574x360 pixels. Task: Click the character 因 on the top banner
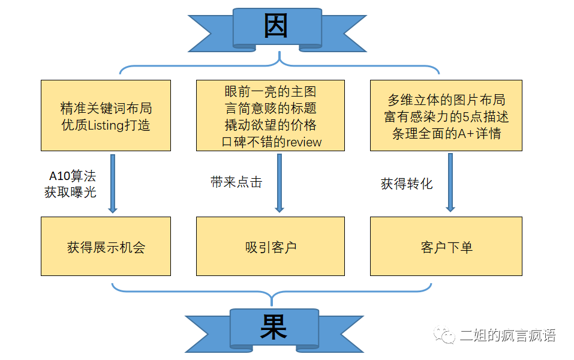pyautogui.click(x=277, y=26)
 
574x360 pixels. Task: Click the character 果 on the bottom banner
pyautogui.click(x=274, y=327)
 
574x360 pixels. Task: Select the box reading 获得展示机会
pyautogui.click(x=106, y=247)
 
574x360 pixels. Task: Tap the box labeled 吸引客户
pyautogui.click(x=271, y=247)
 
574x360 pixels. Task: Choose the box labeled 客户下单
pyautogui.click(x=446, y=247)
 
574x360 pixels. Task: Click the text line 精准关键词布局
pyautogui.click(x=106, y=109)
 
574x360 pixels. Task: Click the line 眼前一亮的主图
pyautogui.click(x=271, y=92)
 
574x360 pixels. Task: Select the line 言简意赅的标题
pyautogui.click(x=271, y=109)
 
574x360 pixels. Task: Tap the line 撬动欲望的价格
pyautogui.click(x=271, y=125)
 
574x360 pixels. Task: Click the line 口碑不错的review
pyautogui.click(x=271, y=142)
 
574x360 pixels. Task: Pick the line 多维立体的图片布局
pyautogui.click(x=446, y=100)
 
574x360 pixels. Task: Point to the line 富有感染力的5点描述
pyautogui.click(x=446, y=116)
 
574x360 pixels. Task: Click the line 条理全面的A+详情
pyautogui.click(x=446, y=133)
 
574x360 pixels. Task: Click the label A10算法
pyautogui.click(x=72, y=177)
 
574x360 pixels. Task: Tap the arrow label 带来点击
pyautogui.click(x=236, y=182)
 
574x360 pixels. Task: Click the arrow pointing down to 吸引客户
pyautogui.click(x=279, y=183)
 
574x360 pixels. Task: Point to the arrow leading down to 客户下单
pyautogui.click(x=450, y=183)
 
